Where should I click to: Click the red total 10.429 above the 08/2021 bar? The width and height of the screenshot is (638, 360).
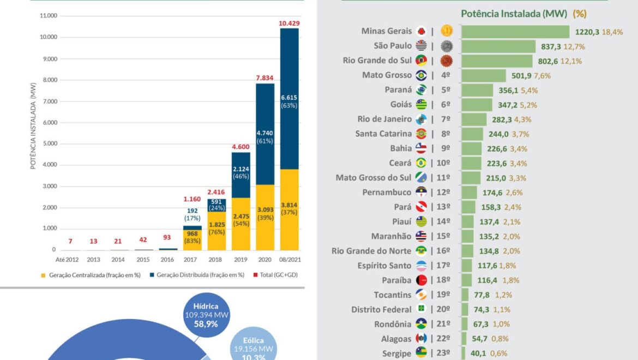coord(289,23)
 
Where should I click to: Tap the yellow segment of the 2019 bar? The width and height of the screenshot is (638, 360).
coord(241,224)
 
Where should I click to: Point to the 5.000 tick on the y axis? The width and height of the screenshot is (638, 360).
coord(49,144)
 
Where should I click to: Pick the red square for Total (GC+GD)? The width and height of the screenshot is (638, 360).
coord(254,275)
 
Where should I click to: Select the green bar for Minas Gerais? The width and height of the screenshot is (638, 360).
coord(515,32)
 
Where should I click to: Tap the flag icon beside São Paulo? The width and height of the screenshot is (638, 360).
coord(421,46)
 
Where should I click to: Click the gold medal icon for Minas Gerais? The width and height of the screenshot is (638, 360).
coord(447,31)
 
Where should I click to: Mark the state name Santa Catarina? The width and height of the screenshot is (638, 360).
coord(383,134)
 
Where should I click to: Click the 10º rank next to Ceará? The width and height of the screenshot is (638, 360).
coord(443,163)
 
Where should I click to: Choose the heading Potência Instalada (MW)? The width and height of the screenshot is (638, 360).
coord(514,14)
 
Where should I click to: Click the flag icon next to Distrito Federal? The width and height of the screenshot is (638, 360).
coord(421,310)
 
